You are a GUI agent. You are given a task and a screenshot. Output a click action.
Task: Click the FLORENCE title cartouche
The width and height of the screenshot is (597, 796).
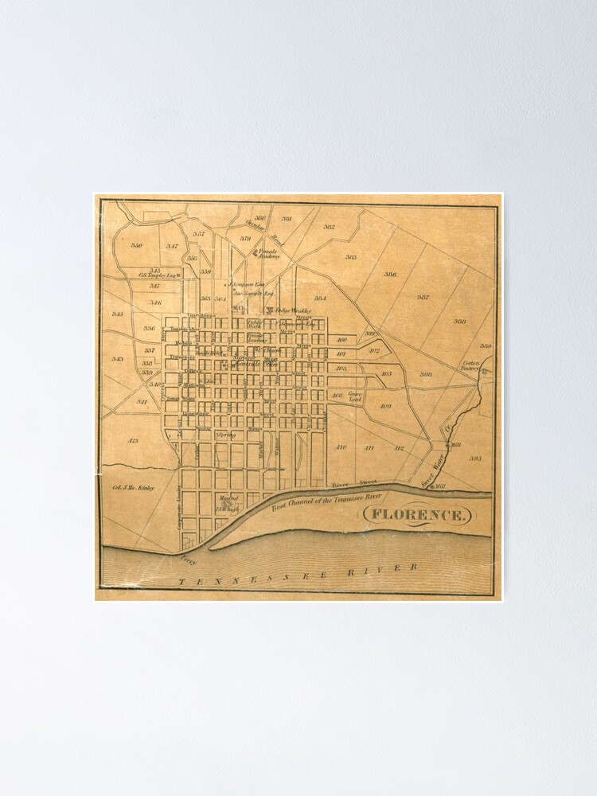pos(418,515)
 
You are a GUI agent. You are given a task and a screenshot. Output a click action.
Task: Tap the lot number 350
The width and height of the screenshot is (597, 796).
pos(136,246)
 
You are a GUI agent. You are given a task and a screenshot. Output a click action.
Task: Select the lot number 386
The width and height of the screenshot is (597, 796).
pos(390,275)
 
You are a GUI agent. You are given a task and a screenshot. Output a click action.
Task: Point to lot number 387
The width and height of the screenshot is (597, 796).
pos(423,297)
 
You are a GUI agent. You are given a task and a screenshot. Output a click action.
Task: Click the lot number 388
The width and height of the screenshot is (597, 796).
pos(459,322)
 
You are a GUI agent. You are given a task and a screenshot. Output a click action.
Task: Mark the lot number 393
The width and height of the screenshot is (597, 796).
pos(475,458)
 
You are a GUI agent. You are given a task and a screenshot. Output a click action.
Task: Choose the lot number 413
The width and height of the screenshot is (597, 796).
pos(133,440)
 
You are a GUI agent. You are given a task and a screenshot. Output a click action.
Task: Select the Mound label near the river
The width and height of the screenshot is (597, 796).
pos(228,501)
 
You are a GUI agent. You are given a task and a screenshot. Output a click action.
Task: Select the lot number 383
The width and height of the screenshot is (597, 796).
pos(350,257)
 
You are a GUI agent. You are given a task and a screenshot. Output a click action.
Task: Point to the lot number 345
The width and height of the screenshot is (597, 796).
pos(118,314)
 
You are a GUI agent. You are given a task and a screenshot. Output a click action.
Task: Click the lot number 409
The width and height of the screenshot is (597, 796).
pos(385,406)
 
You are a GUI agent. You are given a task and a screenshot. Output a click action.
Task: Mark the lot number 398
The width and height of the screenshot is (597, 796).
pos(426,374)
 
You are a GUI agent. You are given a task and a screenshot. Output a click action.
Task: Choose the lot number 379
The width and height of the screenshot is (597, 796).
pos(245,239)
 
